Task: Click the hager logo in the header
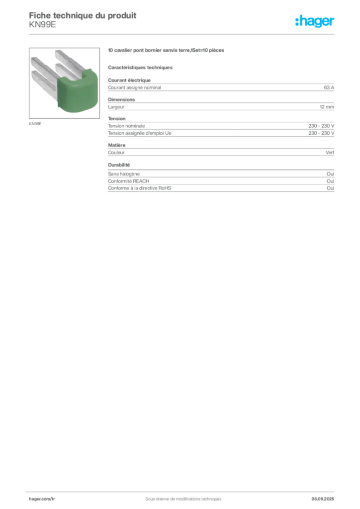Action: pos(314,21)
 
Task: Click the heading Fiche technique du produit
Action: pos(83,15)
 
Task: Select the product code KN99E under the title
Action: pos(42,25)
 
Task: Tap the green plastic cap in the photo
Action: pos(78,91)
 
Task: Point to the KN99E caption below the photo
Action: pos(35,124)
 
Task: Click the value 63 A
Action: pos(329,87)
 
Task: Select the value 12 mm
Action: pos(327,107)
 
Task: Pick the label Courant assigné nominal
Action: pos(134,87)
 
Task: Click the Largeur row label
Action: pos(116,107)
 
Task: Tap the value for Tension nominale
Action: pos(321,126)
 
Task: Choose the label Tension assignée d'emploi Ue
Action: pos(140,133)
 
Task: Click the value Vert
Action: pos(330,152)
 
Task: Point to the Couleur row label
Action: pos(116,152)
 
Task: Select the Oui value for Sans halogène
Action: pos(330,173)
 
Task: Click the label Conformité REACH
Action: pos(129,181)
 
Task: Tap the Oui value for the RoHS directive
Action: pos(330,188)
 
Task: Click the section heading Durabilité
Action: pos(119,165)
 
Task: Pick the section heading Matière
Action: pos(116,145)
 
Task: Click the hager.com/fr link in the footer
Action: pos(42,499)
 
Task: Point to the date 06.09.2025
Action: pos(323,499)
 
